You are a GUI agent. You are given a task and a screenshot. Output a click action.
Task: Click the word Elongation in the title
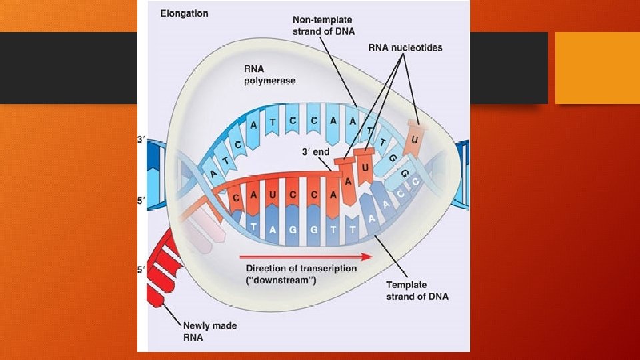[184, 13]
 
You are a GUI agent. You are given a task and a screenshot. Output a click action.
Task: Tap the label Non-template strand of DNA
[325, 26]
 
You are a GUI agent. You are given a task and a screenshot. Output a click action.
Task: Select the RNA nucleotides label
[405, 47]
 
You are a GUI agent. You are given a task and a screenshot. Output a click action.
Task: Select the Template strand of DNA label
[417, 291]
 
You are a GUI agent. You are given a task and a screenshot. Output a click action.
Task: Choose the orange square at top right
[587, 68]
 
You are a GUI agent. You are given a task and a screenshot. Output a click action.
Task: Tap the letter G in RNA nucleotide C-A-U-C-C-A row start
[237, 199]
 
